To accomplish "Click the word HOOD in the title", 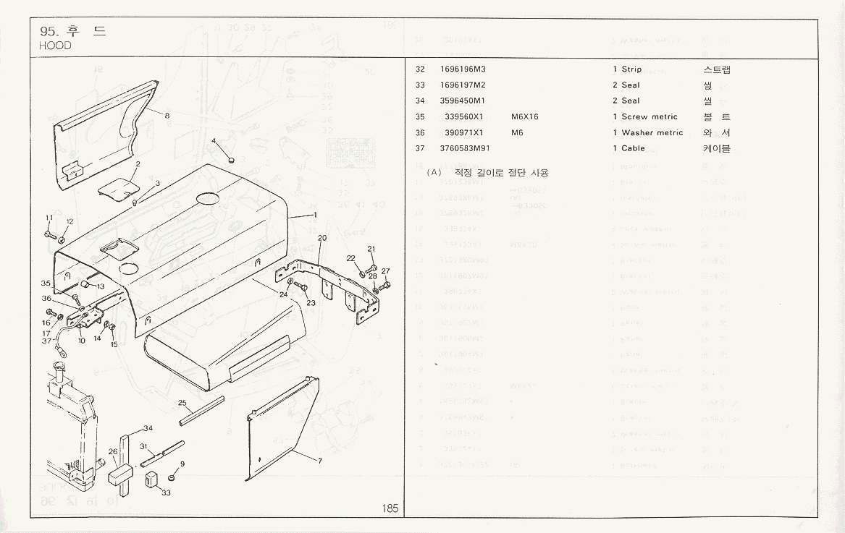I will [56, 46].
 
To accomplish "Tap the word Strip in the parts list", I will [631, 69].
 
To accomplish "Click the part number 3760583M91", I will [465, 148].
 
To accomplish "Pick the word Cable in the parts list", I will [633, 148].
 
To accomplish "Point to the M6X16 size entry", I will [524, 116].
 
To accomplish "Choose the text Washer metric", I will [652, 132].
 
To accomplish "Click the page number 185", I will [390, 508].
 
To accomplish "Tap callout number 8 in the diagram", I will [167, 115].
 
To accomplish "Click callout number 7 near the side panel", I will [319, 461].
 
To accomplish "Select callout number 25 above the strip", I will [182, 402].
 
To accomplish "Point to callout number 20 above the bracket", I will [321, 238].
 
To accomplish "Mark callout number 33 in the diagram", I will [166, 493].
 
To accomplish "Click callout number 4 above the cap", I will [214, 140].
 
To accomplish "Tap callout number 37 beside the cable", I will [47, 341].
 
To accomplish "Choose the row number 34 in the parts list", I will [420, 101].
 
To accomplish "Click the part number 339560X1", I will [464, 116].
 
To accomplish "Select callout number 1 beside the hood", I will [315, 215].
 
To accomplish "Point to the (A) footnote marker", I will [434, 173].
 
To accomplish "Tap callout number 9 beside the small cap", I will [182, 464].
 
